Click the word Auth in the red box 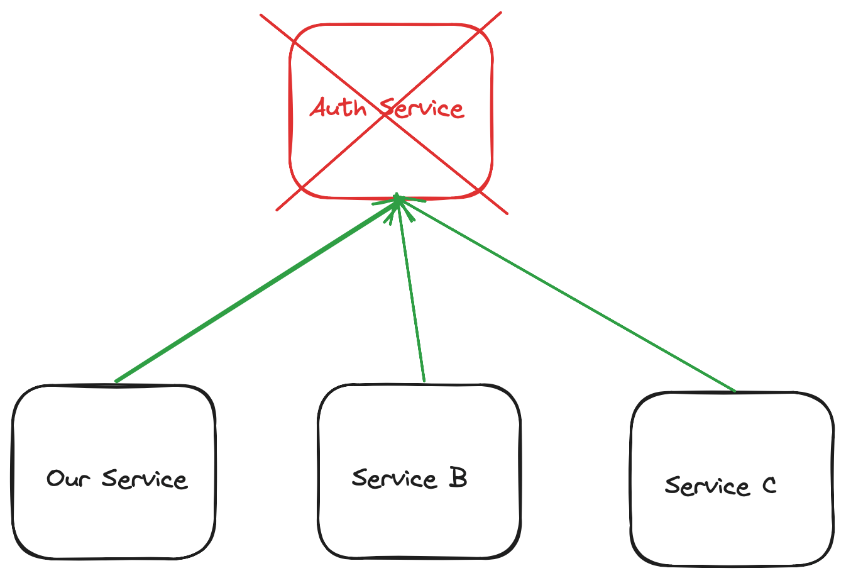pos(338,108)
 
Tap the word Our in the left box pos(69,479)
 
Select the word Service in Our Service pos(145,479)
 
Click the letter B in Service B pos(458,478)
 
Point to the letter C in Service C pos(769,486)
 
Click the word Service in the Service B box pos(394,479)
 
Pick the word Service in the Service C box pos(707,486)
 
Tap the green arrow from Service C pos(566,294)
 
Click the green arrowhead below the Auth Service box pos(398,203)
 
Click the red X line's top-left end pos(261,15)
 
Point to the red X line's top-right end pos(500,13)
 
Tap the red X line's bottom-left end pos(277,209)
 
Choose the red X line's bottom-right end pos(507,213)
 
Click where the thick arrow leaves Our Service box pos(116,381)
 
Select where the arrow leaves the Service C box pos(734,391)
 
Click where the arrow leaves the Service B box pos(424,381)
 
